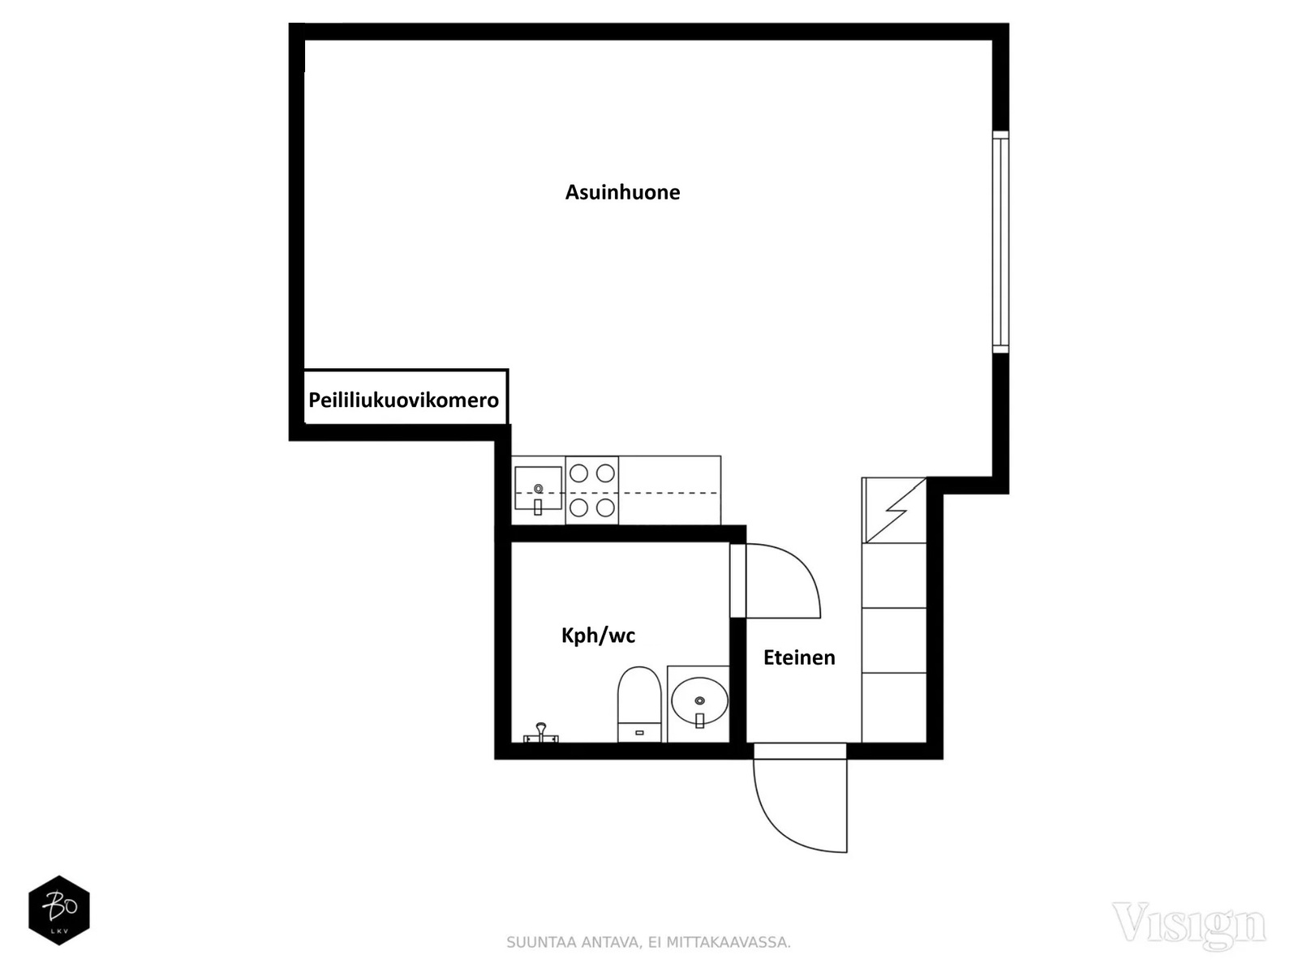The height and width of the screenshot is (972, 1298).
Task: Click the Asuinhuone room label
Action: coord(622,192)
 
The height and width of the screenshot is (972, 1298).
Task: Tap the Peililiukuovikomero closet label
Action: coord(403,400)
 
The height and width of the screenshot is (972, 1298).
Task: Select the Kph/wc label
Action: coord(598,636)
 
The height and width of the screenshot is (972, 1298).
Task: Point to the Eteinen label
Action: coord(799,657)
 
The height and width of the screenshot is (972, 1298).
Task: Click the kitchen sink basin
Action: coord(538,487)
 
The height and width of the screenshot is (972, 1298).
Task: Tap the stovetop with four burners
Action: coord(592,490)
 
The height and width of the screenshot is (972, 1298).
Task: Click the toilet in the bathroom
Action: coord(639,704)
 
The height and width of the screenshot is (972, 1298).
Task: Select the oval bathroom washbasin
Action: coord(699,700)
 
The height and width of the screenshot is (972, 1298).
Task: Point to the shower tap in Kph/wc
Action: coord(540,733)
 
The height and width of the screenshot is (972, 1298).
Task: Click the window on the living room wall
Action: coord(1000,242)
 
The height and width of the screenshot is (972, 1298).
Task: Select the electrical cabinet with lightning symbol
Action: coord(893,511)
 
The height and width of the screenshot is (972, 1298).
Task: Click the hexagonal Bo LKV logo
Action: coord(59,910)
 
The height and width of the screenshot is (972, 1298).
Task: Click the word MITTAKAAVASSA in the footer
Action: coord(729,943)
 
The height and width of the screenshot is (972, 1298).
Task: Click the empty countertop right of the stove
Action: coord(669,490)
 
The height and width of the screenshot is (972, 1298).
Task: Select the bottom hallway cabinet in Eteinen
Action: coord(893,707)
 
